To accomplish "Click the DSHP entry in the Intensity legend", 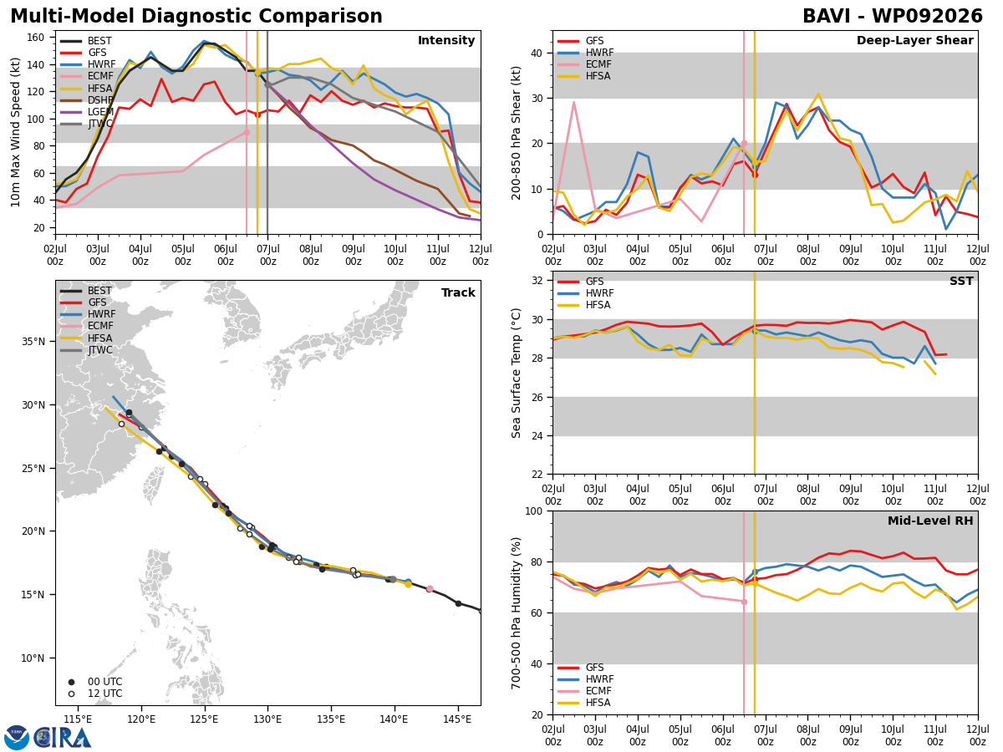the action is tap(87, 100).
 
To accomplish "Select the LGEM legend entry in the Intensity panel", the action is tap(87, 112).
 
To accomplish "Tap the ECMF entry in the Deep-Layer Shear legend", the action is tap(586, 64).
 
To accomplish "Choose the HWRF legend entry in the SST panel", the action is tap(586, 293).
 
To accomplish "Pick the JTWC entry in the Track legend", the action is tap(86, 350).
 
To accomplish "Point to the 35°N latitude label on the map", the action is tap(33, 342).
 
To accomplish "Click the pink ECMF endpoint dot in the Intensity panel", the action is tap(247, 132).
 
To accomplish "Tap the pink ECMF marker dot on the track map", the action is tap(430, 589).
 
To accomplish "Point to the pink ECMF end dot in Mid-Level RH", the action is tap(744, 602).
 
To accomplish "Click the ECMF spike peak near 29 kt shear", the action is tap(574, 102).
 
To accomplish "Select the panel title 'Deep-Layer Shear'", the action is tap(914, 40).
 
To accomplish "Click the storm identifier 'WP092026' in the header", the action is tap(927, 16).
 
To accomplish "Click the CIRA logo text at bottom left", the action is tap(63, 738).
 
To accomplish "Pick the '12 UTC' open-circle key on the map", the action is tap(96, 694).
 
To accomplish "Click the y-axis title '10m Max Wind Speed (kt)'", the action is tap(15, 132).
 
